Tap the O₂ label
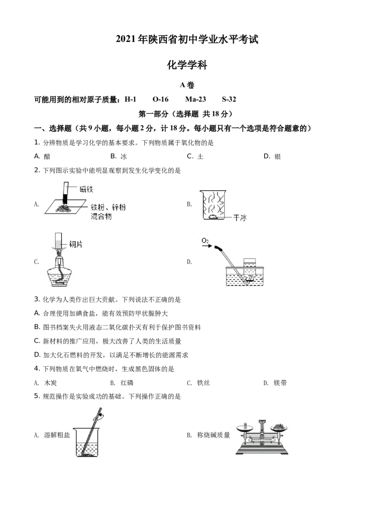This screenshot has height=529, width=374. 205,240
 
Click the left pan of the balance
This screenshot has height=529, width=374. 245,427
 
